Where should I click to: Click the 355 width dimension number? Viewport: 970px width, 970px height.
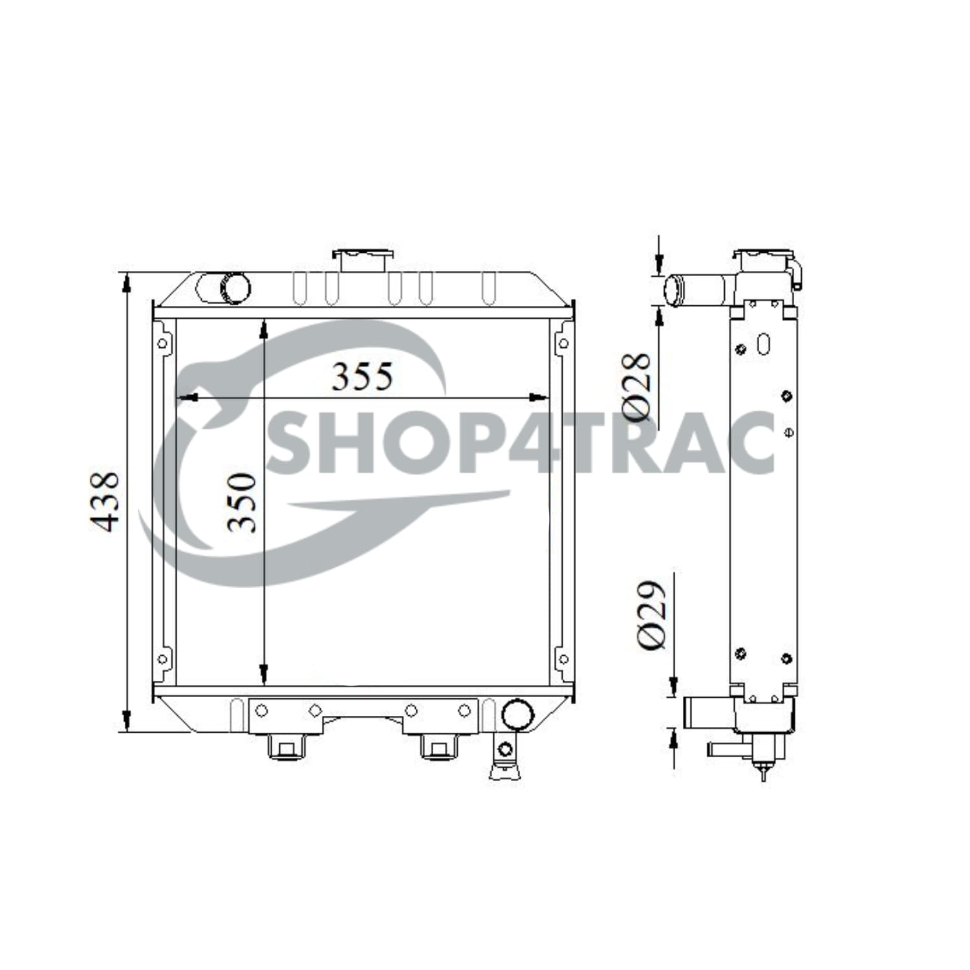coord(361,376)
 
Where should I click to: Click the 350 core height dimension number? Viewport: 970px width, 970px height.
coord(242,502)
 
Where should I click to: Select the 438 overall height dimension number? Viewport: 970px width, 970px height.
coord(104,502)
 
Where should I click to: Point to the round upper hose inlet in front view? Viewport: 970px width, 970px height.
coord(234,288)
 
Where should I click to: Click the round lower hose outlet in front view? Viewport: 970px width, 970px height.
coord(517,714)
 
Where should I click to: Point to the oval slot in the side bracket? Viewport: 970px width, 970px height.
coord(764,343)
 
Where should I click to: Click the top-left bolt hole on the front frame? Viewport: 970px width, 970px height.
coord(162,343)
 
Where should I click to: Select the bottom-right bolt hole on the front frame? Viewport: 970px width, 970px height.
coord(563,660)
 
